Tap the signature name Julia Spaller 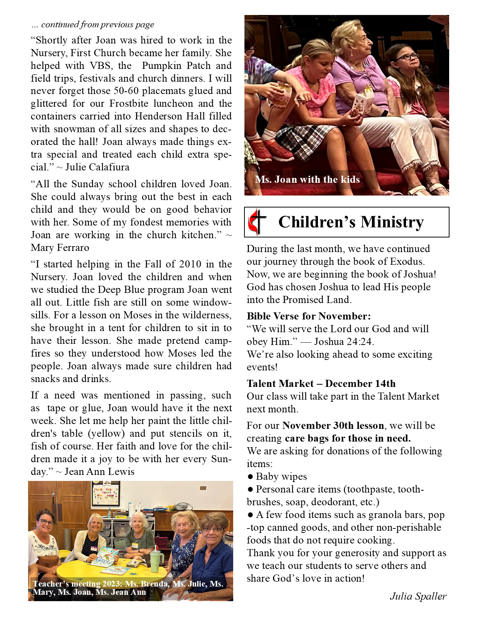click(x=418, y=596)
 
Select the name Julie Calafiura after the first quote click(x=97, y=167)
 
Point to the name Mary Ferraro click(x=60, y=248)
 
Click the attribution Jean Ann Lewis click(x=99, y=472)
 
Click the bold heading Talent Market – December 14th click(x=321, y=384)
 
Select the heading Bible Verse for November click(x=309, y=316)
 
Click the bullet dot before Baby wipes click(x=250, y=477)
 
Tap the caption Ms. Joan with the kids click(x=307, y=179)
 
